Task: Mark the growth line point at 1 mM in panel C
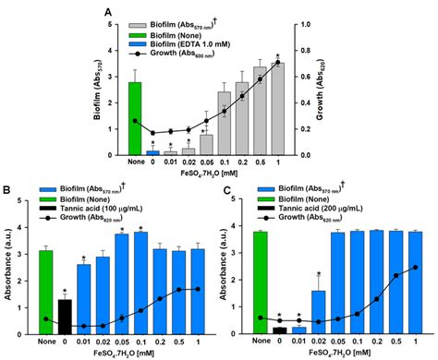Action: [x=416, y=268]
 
